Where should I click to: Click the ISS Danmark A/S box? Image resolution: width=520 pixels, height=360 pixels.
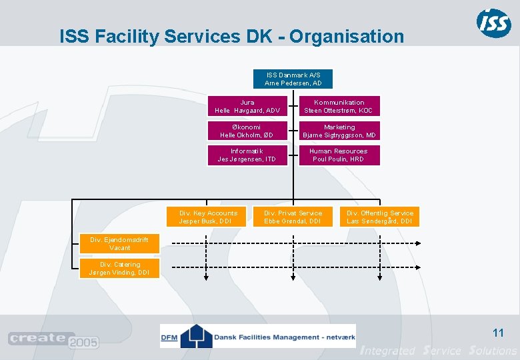(293, 79)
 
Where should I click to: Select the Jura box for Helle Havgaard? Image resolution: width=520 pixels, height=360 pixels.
(247, 107)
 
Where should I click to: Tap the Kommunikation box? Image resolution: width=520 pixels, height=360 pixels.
(339, 107)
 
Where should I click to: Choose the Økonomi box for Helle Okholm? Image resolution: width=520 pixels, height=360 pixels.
(247, 131)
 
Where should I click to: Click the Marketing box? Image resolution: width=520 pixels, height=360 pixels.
(339, 131)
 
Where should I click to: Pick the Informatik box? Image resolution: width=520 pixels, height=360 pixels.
(247, 155)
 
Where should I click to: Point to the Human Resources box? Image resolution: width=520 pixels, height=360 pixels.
(339, 155)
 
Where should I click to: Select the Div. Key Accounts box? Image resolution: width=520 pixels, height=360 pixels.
(208, 217)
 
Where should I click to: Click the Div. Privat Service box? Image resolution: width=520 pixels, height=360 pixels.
(293, 217)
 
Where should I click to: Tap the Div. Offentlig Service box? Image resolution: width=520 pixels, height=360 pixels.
(380, 217)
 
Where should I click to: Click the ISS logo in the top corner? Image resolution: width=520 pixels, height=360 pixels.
(494, 23)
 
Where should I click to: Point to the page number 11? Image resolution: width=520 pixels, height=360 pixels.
(497, 333)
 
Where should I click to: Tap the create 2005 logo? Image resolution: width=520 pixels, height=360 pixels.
(53, 340)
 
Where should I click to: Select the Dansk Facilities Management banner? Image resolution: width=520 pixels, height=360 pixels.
(258, 336)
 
